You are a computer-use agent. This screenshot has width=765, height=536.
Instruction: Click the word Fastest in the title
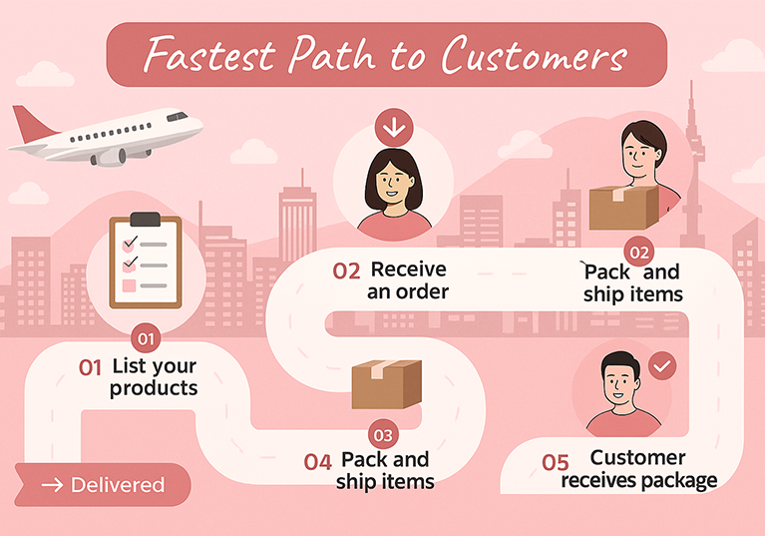coord(209,54)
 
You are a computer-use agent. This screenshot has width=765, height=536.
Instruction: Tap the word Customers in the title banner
coord(535,55)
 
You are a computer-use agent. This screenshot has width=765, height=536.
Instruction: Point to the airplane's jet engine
coord(108,157)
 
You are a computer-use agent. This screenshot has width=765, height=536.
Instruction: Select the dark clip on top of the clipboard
coord(146,220)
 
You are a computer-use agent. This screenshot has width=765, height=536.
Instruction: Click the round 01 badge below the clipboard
coord(146,338)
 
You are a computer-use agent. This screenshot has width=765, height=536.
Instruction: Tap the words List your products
coord(154,377)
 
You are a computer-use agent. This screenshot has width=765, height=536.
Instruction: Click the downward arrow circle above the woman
coord(394,128)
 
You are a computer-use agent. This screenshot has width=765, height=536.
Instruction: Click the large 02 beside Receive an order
coord(346,271)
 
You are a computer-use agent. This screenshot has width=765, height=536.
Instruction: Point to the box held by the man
coord(623,208)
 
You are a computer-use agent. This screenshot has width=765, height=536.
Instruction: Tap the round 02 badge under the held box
coord(639,252)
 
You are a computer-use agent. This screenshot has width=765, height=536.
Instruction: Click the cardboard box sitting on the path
coord(386,384)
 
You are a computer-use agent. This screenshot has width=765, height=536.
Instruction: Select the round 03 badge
coord(383,434)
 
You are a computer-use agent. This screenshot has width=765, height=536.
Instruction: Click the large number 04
coord(317,462)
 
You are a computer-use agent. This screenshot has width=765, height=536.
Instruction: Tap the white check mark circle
coord(662,366)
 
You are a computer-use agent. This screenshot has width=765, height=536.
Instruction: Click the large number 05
coord(556,463)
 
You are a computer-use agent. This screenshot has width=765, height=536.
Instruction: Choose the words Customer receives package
coord(639,469)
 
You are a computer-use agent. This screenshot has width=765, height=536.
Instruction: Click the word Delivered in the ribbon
coord(118,485)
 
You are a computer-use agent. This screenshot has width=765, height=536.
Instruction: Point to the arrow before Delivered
coord(52,485)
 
